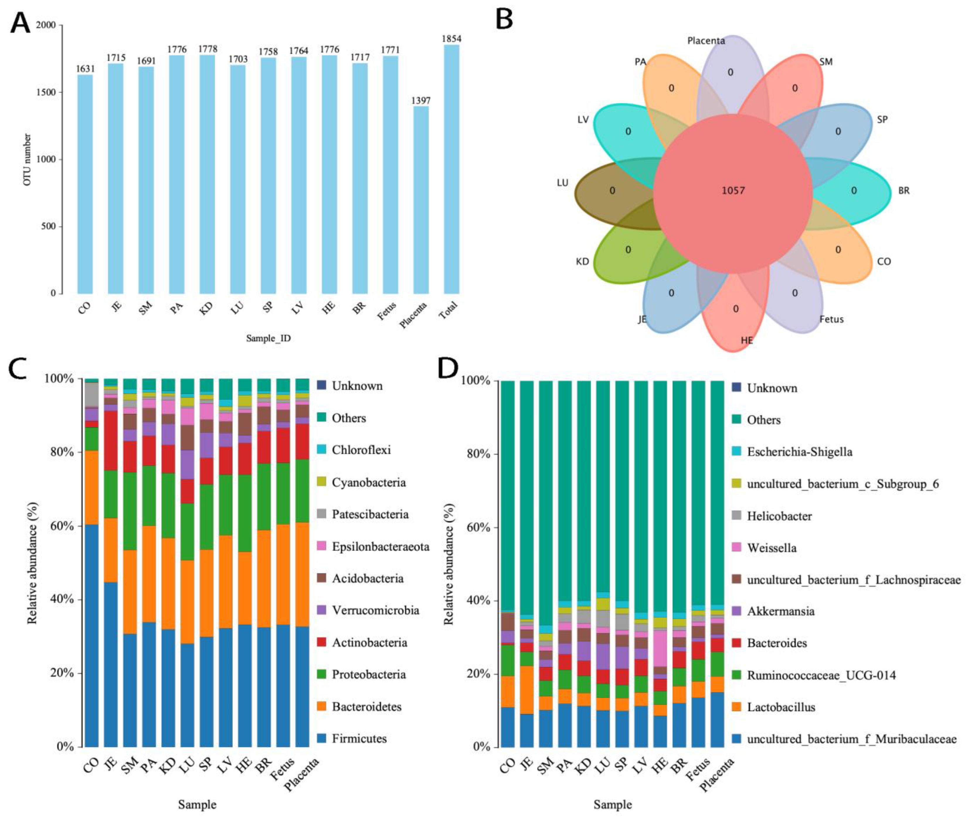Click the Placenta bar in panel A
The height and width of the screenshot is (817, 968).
click(421, 200)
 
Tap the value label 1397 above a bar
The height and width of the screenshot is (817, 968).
click(421, 101)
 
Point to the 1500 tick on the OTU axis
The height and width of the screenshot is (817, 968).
click(46, 92)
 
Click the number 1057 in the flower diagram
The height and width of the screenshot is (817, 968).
click(733, 190)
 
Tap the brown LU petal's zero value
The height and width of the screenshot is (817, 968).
click(612, 190)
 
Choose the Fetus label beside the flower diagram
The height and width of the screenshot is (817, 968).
click(831, 319)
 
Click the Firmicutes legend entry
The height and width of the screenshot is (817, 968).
click(359, 738)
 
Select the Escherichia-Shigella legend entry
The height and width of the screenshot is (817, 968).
click(799, 452)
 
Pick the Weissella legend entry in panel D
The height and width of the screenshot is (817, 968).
click(772, 548)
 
